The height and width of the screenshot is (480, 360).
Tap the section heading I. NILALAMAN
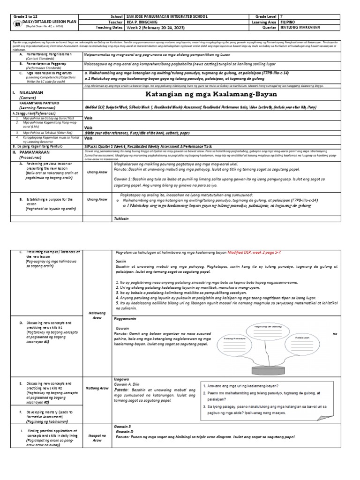coord(30,93)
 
